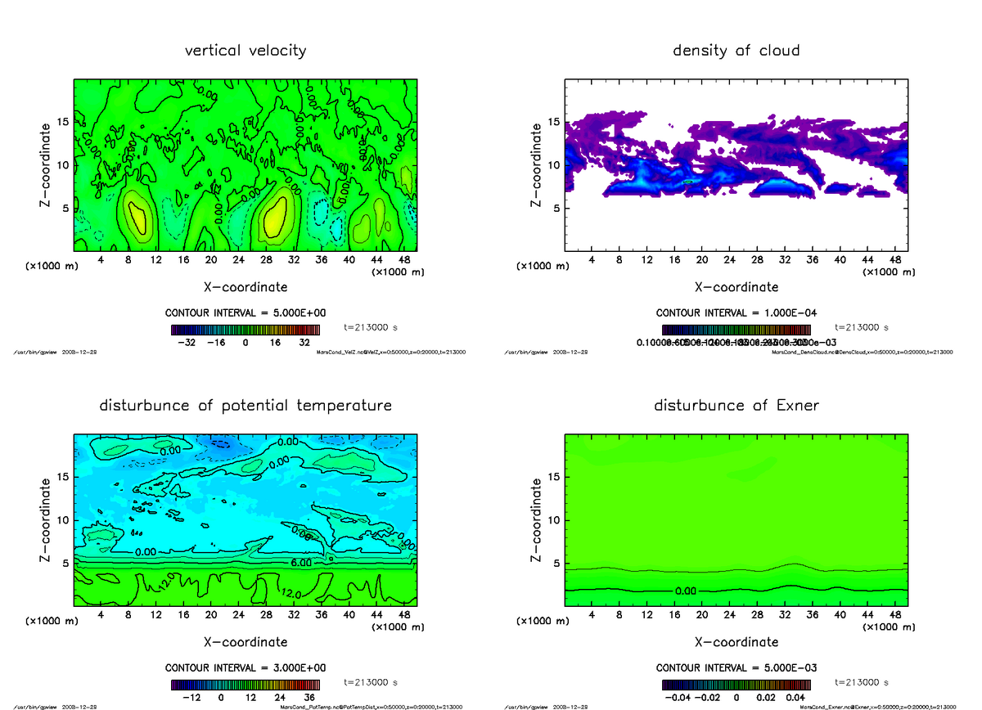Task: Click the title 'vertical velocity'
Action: [x=245, y=51]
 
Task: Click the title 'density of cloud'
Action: [x=736, y=51]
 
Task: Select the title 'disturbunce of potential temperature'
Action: [x=245, y=406]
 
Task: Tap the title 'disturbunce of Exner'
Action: [x=736, y=406]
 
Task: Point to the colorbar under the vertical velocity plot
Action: [x=245, y=330]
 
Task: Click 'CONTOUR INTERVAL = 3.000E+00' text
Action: [x=245, y=667]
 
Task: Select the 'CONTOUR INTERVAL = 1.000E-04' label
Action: [x=736, y=313]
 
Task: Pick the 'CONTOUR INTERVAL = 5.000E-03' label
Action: [x=736, y=667]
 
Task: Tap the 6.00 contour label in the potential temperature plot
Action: [x=301, y=564]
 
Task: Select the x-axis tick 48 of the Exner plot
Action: [x=895, y=614]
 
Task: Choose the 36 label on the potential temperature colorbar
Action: [x=309, y=698]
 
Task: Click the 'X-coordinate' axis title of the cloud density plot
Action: [x=736, y=287]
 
